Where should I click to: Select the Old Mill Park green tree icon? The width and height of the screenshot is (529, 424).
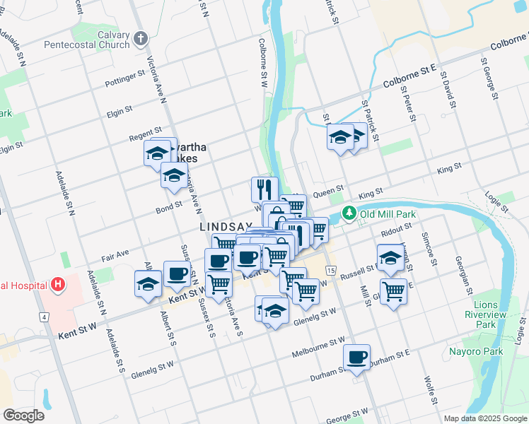click(x=349, y=213)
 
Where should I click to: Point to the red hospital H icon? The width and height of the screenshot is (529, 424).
click(x=59, y=285)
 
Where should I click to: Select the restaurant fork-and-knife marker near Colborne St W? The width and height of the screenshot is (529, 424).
click(x=262, y=189)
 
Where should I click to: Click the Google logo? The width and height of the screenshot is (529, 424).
click(x=23, y=416)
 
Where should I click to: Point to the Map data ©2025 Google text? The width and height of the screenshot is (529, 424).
click(x=485, y=418)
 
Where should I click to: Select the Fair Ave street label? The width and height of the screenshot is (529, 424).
click(x=114, y=254)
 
